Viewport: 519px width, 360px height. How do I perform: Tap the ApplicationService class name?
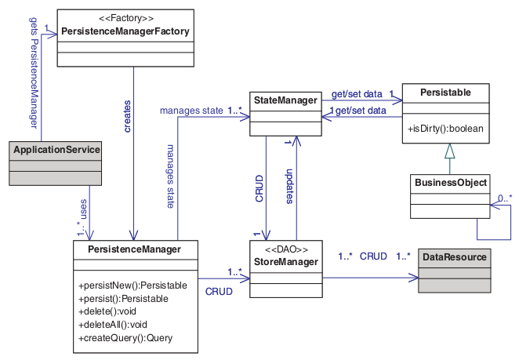click(x=56, y=150)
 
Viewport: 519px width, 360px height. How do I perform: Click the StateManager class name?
click(x=286, y=100)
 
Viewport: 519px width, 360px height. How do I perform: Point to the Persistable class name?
click(x=445, y=93)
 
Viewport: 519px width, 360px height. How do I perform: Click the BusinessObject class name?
click(x=449, y=183)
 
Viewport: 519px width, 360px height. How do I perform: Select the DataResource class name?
click(x=454, y=256)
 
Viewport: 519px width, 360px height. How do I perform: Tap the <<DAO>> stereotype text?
click(x=286, y=249)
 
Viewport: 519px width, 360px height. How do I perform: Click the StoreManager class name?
click(x=286, y=260)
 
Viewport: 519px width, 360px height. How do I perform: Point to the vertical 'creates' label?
click(x=126, y=115)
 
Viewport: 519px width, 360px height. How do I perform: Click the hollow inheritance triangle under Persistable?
click(x=449, y=152)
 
